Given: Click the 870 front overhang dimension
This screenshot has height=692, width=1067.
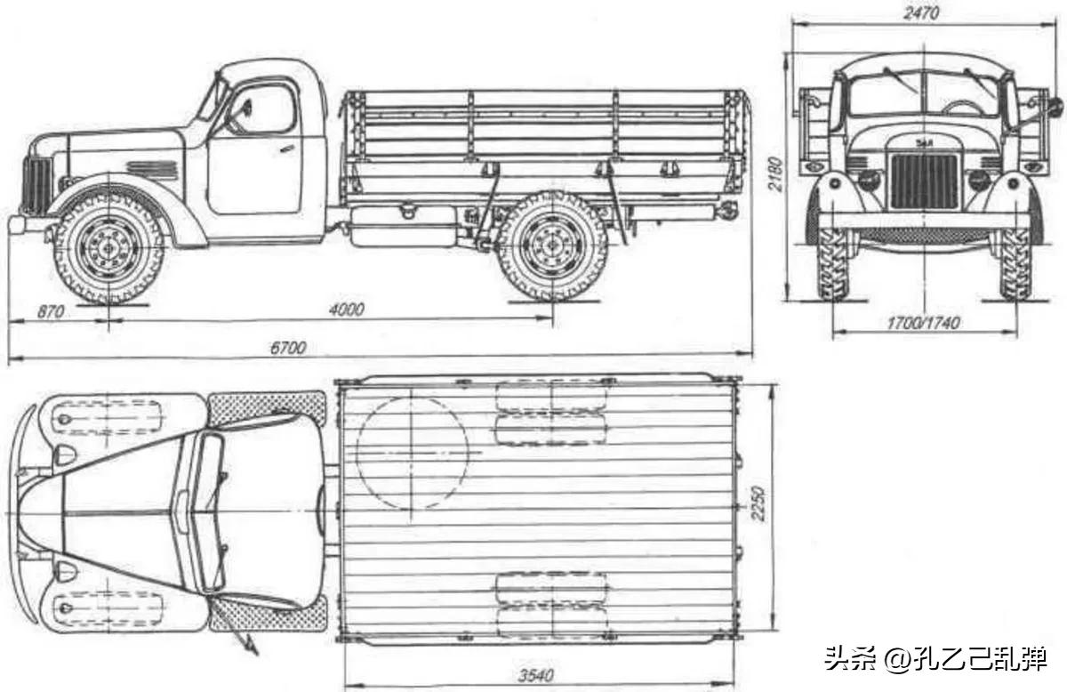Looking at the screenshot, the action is coord(51,311).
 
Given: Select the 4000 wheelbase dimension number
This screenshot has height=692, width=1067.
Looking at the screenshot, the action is coord(346,310).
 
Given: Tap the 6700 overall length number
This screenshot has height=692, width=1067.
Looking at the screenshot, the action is coord(288,348).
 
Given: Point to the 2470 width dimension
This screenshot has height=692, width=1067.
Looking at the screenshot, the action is coord(921,12).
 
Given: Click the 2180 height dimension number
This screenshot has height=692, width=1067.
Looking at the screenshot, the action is coord(775,173).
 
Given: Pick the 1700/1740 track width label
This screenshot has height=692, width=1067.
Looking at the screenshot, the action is coord(923,323).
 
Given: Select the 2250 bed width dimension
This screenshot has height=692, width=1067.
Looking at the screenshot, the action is coord(758,503).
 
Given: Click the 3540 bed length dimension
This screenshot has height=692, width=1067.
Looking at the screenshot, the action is coord(536,675).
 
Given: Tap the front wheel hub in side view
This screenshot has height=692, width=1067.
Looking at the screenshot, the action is coord(110,248).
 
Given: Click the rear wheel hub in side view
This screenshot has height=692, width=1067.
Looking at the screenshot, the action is coord(552,245).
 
